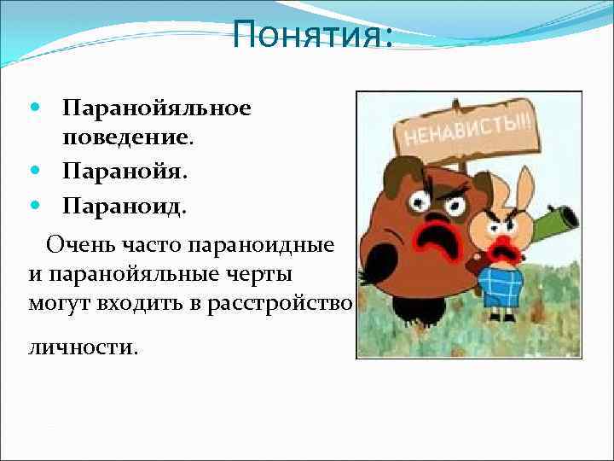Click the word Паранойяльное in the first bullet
(x=156, y=109)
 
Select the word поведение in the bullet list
(x=127, y=137)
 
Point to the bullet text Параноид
(x=124, y=207)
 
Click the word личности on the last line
(x=82, y=349)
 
